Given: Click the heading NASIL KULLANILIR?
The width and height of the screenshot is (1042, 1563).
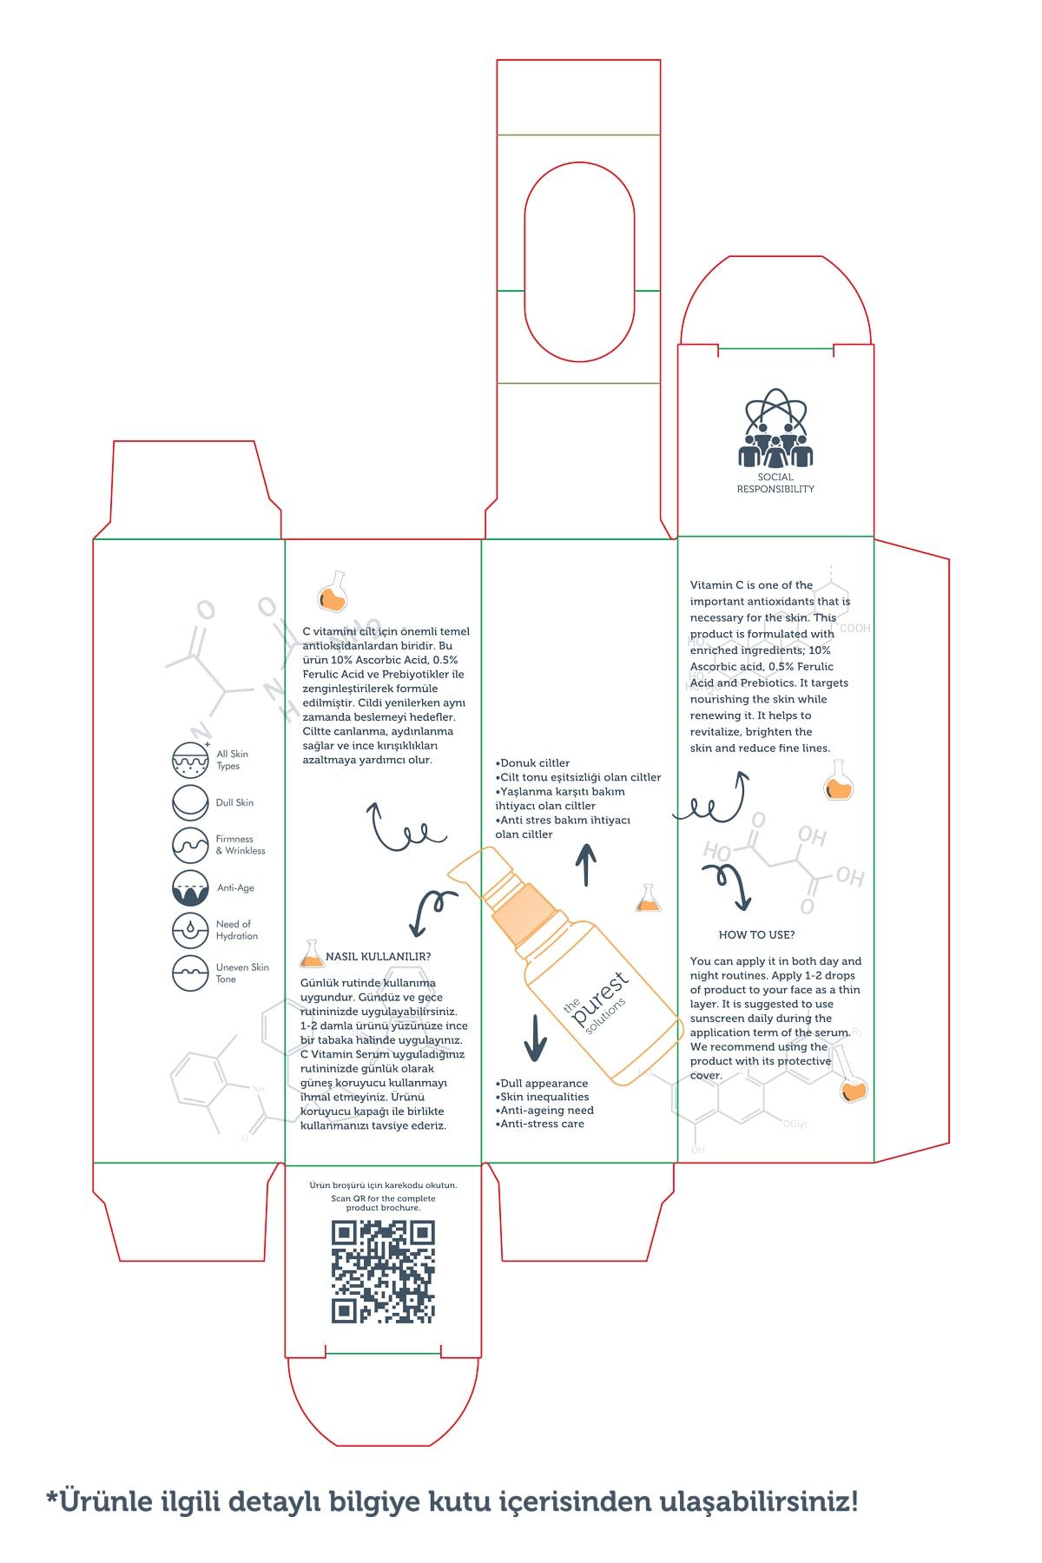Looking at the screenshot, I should (378, 957).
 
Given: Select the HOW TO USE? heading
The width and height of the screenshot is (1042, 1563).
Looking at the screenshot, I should (756, 935).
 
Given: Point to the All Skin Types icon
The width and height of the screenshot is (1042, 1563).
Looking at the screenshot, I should (190, 759).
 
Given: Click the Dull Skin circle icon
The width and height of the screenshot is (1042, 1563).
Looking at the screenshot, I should (190, 803).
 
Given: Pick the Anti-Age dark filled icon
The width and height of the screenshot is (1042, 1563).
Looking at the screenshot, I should (190, 887).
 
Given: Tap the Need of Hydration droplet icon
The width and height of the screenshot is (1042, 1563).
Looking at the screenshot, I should (190, 930).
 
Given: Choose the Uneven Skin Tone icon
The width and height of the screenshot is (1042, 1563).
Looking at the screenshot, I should (190, 973).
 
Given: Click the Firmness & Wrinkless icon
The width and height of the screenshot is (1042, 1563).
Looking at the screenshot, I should (190, 845).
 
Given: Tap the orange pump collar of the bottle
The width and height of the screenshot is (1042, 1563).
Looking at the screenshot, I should (523, 909).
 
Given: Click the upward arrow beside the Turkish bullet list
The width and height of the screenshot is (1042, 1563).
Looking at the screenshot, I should (586, 865).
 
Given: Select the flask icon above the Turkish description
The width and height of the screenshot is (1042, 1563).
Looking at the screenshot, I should (333, 592).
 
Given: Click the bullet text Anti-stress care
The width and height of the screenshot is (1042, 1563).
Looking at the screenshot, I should (540, 1124).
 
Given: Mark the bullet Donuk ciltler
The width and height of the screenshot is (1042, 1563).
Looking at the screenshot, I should (533, 763).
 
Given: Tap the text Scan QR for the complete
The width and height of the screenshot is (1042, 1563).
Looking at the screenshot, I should (383, 1198).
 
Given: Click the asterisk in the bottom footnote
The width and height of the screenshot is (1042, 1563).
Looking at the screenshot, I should (52, 1497).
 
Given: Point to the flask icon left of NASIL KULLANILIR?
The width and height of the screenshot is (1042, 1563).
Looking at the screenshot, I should (311, 954).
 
